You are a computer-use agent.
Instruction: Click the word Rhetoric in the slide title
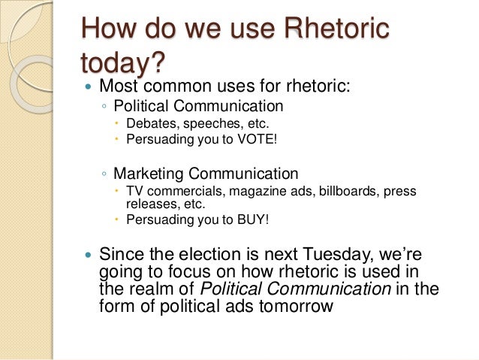338,30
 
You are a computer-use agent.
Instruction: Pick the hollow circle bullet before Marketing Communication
104,174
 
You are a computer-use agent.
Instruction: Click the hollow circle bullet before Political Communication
104,106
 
